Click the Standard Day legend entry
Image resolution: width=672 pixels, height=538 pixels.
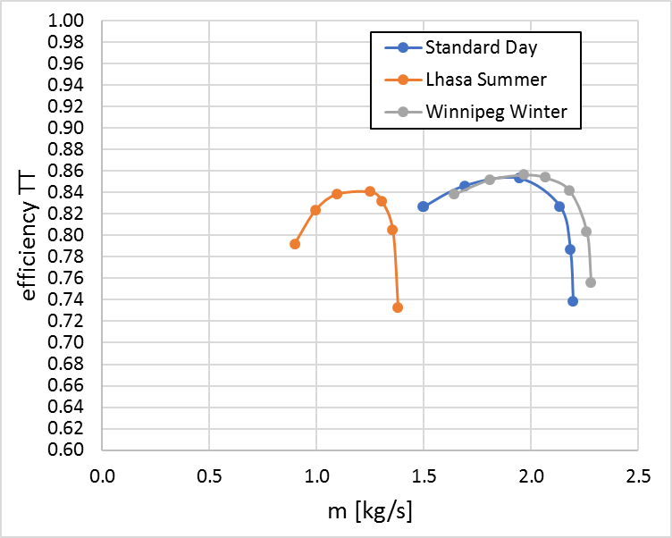pyautogui.click(x=469, y=47)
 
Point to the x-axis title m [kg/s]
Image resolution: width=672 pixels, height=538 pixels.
pyautogui.click(x=369, y=512)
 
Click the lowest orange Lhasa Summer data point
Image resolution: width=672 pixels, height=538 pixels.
pyautogui.click(x=398, y=307)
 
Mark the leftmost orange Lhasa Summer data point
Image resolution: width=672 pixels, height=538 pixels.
pyautogui.click(x=295, y=244)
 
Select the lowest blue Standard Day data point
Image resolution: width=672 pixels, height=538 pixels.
pyautogui.click(x=573, y=301)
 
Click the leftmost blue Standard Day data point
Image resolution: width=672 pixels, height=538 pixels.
pyautogui.click(x=424, y=206)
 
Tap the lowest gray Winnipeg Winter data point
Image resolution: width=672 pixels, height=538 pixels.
pyautogui.click(x=591, y=282)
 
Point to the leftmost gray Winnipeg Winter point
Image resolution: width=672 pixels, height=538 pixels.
pyautogui.click(x=454, y=194)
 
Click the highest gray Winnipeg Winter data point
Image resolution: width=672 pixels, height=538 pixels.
pyautogui.click(x=524, y=174)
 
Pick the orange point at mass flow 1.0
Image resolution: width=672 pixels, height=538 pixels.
pyautogui.click(x=315, y=210)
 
